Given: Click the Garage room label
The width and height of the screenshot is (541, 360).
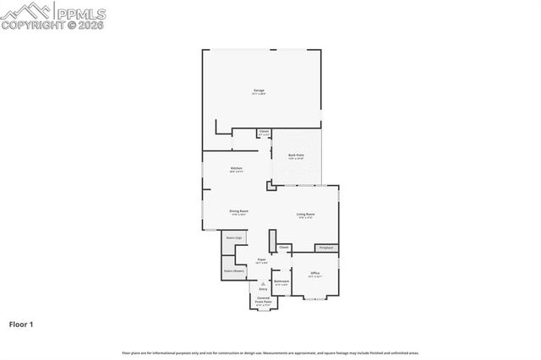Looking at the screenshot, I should pyautogui.click(x=260, y=90).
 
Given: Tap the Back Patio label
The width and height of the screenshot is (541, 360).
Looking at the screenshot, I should pyautogui.click(x=296, y=156).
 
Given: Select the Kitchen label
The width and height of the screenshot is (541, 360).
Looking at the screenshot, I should pyautogui.click(x=237, y=169).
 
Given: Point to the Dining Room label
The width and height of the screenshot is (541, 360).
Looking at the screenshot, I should pyautogui.click(x=238, y=211).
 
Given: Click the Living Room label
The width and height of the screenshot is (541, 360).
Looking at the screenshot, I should pyautogui.click(x=305, y=215).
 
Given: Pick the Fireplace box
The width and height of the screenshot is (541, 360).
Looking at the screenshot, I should pyautogui.click(x=326, y=248).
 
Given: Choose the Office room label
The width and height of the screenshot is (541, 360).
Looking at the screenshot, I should pyautogui.click(x=314, y=274).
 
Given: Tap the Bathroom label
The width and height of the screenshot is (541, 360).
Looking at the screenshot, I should pyautogui.click(x=281, y=281).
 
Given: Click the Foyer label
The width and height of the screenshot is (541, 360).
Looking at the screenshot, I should pyautogui.click(x=262, y=260).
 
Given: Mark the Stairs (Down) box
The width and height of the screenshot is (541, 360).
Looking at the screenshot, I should pyautogui.click(x=234, y=271).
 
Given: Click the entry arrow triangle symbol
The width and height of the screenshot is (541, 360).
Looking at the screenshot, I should pyautogui.click(x=262, y=284).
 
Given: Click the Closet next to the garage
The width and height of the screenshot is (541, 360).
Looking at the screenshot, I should pyautogui.click(x=264, y=132).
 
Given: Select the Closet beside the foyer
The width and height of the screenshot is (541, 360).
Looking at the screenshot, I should pyautogui.click(x=283, y=248).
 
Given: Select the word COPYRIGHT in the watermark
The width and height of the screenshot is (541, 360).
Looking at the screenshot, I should pyautogui.click(x=33, y=25).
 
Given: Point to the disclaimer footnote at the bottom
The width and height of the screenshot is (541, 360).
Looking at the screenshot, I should pyautogui.click(x=270, y=352).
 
